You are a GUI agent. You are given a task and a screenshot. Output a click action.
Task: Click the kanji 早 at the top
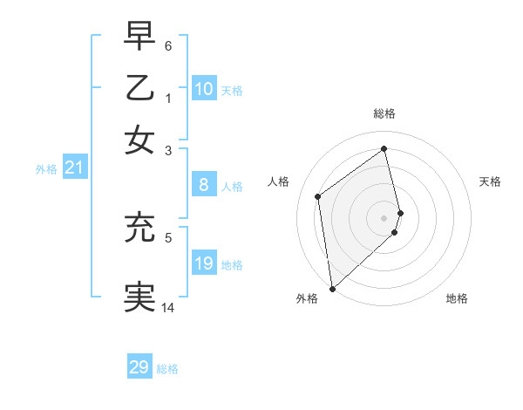(x=139, y=36)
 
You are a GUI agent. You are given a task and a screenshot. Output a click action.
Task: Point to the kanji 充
(x=139, y=228)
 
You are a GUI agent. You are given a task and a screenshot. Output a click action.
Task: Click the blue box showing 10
(x=204, y=89)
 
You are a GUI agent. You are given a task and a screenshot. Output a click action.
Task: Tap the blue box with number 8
(x=204, y=185)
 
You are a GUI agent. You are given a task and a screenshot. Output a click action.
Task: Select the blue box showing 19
(x=204, y=263)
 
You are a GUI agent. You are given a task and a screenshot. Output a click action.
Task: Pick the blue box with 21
(x=74, y=168)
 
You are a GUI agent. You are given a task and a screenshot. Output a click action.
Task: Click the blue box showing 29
(x=139, y=367)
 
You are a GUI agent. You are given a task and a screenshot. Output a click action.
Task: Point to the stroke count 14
(x=168, y=308)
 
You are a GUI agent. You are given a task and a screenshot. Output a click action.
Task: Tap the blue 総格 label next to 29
(x=167, y=369)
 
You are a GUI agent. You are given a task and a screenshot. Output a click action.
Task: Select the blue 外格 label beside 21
(x=46, y=170)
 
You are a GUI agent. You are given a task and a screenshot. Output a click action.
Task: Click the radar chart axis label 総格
(x=384, y=113)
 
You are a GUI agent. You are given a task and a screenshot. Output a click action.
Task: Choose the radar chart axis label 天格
(x=491, y=181)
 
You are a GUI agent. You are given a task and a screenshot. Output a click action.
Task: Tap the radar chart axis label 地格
(x=457, y=299)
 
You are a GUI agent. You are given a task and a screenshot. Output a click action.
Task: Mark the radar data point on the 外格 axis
(x=331, y=288)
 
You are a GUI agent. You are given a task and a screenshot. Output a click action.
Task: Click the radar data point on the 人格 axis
(x=318, y=196)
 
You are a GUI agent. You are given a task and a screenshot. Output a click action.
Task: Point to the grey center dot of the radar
(x=384, y=217)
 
